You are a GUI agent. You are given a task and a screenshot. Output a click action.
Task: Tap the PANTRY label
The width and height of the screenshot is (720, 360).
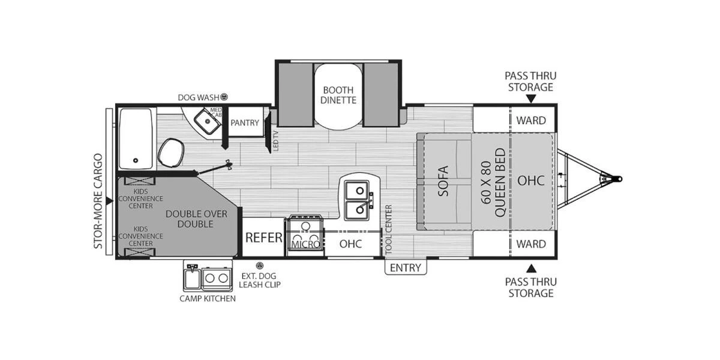click(245, 123)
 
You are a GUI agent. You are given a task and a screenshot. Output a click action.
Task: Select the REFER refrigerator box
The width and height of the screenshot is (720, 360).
click(263, 238)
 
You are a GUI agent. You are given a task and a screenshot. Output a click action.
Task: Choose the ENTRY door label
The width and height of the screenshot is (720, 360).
click(406, 268)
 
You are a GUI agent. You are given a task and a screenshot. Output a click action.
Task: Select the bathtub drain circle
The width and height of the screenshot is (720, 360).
click(136, 161)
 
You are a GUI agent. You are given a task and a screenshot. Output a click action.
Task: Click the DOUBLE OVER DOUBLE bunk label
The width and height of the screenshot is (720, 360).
click(190, 218)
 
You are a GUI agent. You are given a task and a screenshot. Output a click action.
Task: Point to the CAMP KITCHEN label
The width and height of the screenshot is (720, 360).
click(208, 298)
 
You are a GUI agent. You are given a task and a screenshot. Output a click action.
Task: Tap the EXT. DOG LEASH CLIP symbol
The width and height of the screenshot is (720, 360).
click(259, 265)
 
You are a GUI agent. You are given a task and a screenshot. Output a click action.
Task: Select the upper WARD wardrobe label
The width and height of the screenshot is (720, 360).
click(531, 120)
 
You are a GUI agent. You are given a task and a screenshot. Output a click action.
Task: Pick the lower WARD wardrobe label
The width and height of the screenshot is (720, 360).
click(531, 244)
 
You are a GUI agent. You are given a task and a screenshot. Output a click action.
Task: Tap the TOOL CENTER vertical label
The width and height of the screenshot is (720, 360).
click(388, 228)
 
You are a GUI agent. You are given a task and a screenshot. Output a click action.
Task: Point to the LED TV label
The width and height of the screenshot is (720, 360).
click(276, 140)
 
